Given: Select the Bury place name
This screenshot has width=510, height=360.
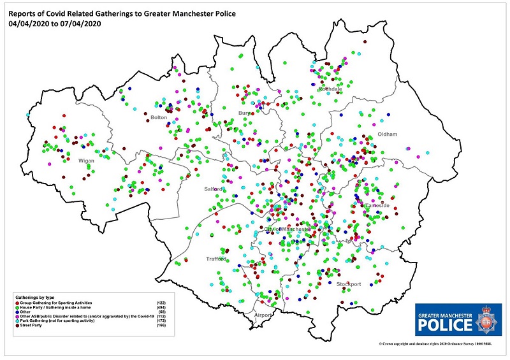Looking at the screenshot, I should (245, 113).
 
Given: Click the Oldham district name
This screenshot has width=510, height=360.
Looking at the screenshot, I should (388, 134).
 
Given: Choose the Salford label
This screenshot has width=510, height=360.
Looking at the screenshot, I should (214, 189).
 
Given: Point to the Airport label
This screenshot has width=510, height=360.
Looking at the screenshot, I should (263, 315).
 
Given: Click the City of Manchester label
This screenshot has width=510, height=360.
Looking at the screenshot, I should (288, 229).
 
